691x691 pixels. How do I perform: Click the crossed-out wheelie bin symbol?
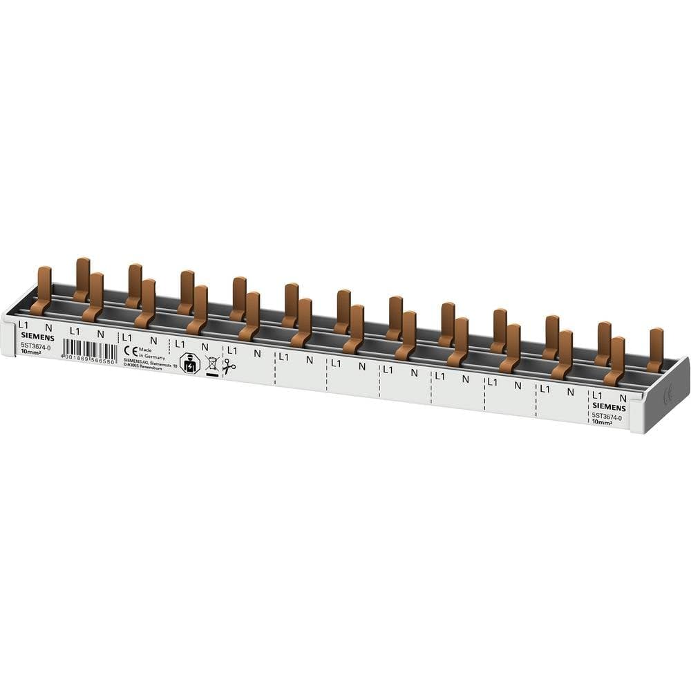(211, 364)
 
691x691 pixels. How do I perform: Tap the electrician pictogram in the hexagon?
(189, 363)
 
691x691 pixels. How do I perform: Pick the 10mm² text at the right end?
(603, 423)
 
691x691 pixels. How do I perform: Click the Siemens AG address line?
(150, 363)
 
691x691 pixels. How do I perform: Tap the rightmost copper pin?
(655, 349)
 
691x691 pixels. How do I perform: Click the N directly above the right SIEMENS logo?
(623, 397)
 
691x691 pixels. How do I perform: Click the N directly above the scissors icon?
(205, 347)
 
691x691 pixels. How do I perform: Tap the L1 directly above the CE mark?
(126, 337)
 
